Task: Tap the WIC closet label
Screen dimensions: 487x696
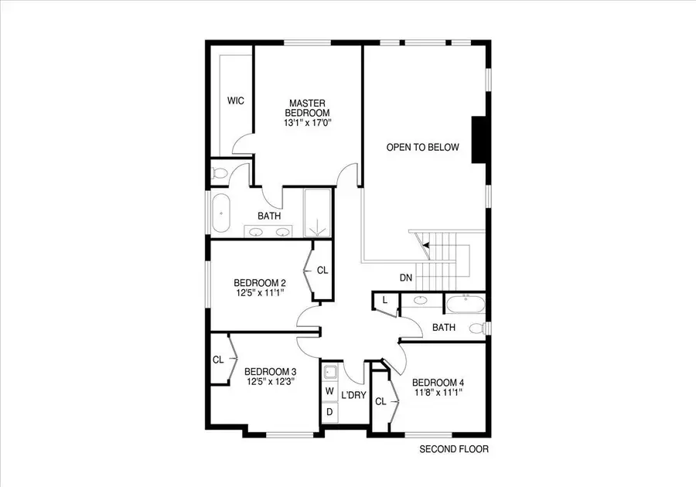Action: (236, 100)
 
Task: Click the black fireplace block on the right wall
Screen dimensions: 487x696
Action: (478, 140)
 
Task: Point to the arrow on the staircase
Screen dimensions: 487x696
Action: (425, 246)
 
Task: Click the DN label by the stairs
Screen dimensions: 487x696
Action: (406, 277)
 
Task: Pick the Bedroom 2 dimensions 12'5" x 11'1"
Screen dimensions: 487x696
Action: (260, 293)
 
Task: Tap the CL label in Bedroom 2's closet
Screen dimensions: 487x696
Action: (322, 271)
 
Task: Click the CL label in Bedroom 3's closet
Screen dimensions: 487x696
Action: (218, 359)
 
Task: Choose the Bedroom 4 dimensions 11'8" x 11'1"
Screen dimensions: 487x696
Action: (438, 393)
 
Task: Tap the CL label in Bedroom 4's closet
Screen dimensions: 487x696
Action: (380, 401)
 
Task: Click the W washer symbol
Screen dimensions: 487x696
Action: (329, 391)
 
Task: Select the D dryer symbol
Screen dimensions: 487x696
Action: (329, 411)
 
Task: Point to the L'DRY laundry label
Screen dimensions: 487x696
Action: (353, 395)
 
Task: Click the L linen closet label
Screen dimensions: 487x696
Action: (384, 300)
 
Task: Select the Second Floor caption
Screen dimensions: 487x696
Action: (454, 449)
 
